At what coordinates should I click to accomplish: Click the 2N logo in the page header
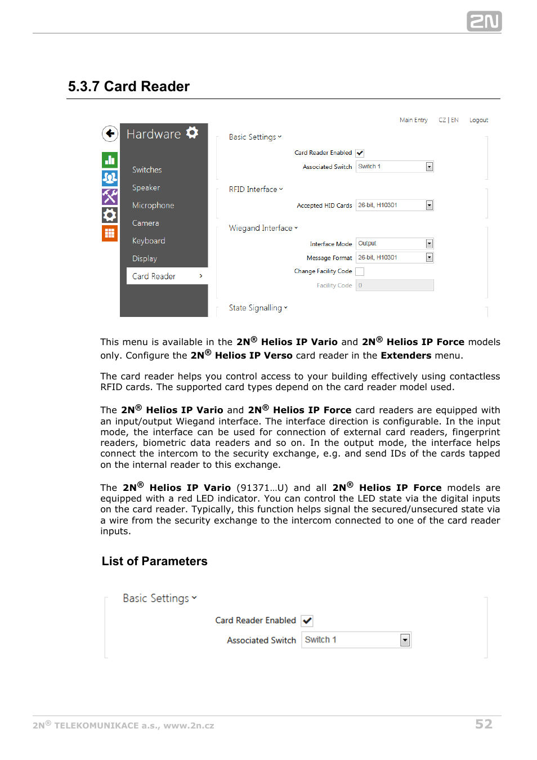click(x=484, y=21)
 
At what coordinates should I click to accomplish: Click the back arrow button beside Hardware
click(x=110, y=133)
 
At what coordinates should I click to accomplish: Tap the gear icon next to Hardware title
click(x=192, y=133)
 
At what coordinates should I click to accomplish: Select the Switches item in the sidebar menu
click(x=147, y=170)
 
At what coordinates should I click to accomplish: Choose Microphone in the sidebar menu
click(x=153, y=205)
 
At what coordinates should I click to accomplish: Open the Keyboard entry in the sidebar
click(x=149, y=241)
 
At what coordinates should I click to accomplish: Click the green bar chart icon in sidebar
click(x=110, y=160)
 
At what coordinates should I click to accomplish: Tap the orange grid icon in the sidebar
click(x=110, y=233)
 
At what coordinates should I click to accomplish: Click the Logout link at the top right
click(x=478, y=120)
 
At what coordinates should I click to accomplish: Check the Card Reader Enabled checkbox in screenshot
click(x=360, y=153)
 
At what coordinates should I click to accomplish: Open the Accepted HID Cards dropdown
click(x=395, y=205)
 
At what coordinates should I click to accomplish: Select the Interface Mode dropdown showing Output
click(x=395, y=244)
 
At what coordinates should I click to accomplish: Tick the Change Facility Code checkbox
click(x=360, y=272)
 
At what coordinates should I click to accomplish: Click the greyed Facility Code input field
click(x=395, y=285)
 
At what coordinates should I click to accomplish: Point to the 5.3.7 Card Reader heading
click(x=129, y=87)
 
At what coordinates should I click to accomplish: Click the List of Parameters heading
click(x=154, y=561)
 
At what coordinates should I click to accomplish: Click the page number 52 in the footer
click(x=484, y=724)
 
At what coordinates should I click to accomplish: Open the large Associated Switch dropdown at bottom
click(x=356, y=640)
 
